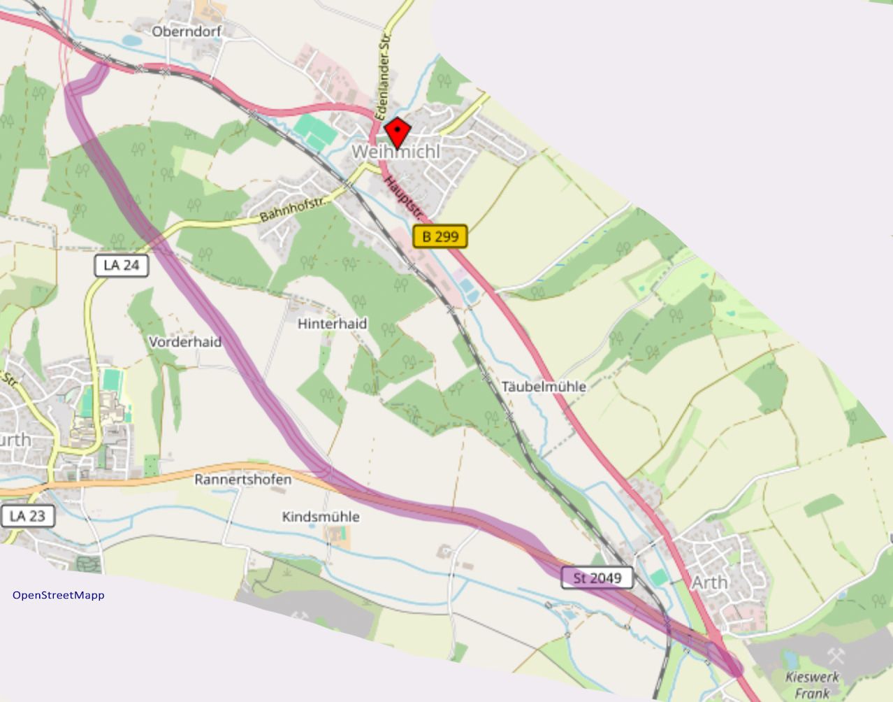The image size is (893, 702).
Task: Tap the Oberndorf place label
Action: [187, 31]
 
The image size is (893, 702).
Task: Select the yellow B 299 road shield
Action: [440, 236]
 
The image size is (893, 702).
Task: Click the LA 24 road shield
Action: [122, 265]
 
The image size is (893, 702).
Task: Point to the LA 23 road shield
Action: [27, 516]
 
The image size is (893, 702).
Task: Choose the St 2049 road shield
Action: [597, 578]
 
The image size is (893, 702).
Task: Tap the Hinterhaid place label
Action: [332, 324]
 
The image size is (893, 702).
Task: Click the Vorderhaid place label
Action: [185, 342]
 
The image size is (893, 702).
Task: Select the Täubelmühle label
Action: [544, 386]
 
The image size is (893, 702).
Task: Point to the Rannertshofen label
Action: [242, 480]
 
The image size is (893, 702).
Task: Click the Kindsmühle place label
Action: [321, 517]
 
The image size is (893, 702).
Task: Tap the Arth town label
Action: [709, 582]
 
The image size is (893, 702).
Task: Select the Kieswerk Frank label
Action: [812, 685]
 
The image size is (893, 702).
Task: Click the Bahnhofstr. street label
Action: [293, 209]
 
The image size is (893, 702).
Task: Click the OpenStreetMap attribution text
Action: [59, 595]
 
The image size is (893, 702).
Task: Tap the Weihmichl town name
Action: [396, 151]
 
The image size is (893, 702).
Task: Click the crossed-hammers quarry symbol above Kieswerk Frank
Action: [836, 655]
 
